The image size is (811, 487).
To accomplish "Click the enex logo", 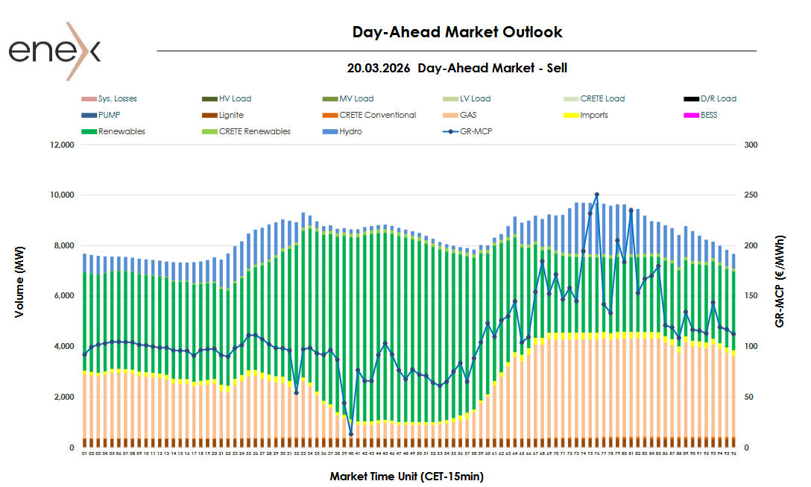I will (x=54, y=51).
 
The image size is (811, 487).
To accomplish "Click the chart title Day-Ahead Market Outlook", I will (x=457, y=32).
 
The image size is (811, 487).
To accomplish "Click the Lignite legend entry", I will (x=231, y=115).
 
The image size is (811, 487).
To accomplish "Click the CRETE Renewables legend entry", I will (x=254, y=131).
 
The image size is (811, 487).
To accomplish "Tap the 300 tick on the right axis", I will (x=751, y=145).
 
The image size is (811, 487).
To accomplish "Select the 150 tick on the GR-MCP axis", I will (x=751, y=296).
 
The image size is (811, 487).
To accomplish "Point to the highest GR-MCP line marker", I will (x=596, y=195).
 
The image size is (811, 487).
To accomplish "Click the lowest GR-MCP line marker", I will (x=350, y=434).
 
